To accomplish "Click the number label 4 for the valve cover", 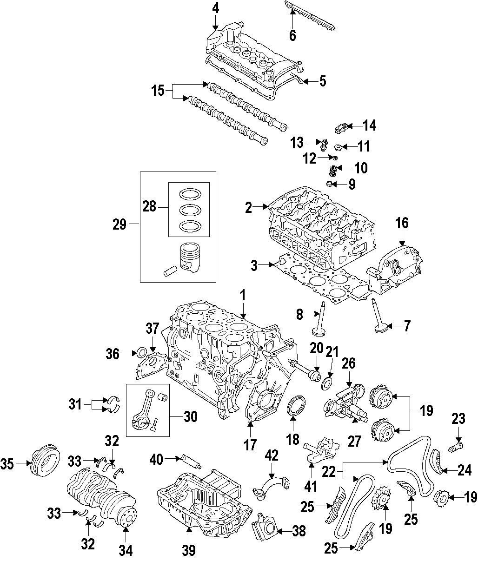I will point(215,7).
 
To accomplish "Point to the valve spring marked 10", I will point(333,170).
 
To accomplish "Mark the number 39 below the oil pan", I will point(189,550).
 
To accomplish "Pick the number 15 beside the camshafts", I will point(158,90).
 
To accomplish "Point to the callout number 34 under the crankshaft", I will point(126,550).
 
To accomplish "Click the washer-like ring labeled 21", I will point(328,383).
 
